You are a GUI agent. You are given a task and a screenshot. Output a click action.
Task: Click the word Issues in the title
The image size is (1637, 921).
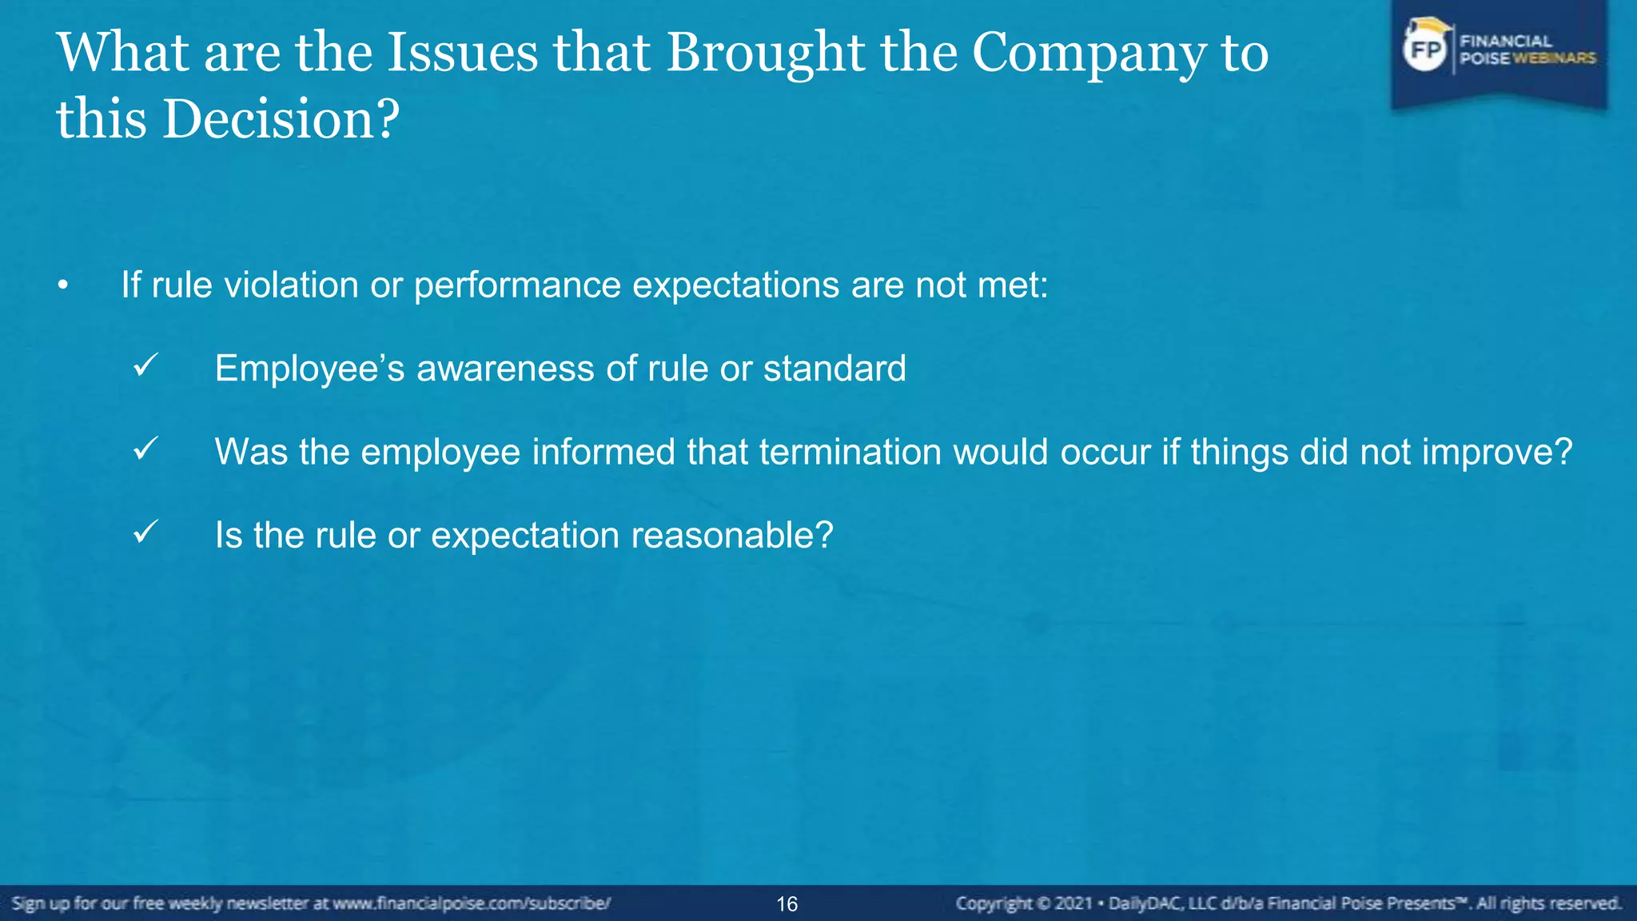pyautogui.click(x=462, y=53)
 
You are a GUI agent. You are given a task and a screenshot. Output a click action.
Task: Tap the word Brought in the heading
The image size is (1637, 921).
pyautogui.click(x=765, y=53)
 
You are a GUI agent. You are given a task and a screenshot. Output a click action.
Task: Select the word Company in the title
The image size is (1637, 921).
pyautogui.click(x=1086, y=53)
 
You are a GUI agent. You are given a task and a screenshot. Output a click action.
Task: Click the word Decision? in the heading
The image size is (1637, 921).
pyautogui.click(x=281, y=120)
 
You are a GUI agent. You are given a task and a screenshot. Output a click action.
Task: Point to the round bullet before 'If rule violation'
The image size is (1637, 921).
pyautogui.click(x=63, y=286)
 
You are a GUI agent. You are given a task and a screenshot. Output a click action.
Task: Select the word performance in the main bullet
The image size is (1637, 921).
pyautogui.click(x=517, y=285)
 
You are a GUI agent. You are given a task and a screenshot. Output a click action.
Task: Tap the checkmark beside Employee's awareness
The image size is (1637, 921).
pyautogui.click(x=145, y=366)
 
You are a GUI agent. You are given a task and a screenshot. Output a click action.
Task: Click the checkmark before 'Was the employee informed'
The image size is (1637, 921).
pyautogui.click(x=145, y=449)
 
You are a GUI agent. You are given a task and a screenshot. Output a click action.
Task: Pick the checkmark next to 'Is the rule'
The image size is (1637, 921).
pyautogui.click(x=145, y=532)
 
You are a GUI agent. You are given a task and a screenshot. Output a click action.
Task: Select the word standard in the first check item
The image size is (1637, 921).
pyautogui.click(x=834, y=369)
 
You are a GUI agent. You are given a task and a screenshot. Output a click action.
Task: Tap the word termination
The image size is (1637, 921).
pyautogui.click(x=850, y=452)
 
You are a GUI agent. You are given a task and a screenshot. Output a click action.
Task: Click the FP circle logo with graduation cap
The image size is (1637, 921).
pyautogui.click(x=1425, y=48)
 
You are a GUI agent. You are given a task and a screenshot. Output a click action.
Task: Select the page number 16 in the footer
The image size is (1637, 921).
pyautogui.click(x=787, y=904)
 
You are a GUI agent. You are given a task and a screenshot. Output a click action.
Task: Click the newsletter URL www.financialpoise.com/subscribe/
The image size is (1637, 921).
pyautogui.click(x=472, y=903)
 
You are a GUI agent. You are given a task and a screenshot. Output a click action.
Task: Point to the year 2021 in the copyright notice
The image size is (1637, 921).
pyautogui.click(x=1073, y=903)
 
